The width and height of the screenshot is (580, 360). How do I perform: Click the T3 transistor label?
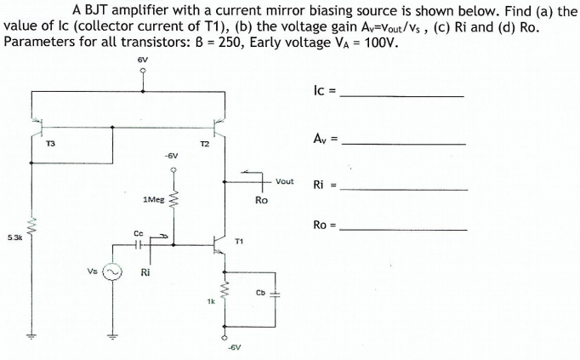point(49,144)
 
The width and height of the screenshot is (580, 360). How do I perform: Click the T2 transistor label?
point(204,144)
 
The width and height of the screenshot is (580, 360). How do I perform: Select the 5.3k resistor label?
point(14,237)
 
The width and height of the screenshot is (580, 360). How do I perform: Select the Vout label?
point(284,181)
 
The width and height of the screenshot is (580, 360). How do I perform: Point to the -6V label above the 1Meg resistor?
point(172,157)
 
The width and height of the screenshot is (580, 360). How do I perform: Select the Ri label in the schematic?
point(145,274)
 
